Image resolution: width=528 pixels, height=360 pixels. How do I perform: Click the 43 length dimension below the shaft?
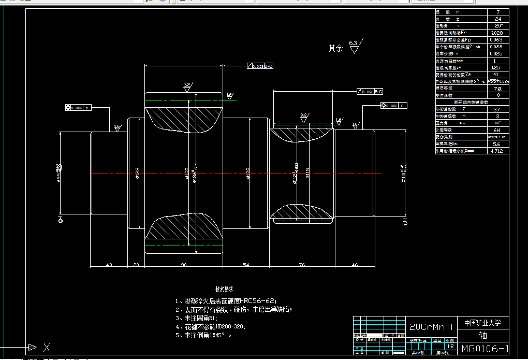109,265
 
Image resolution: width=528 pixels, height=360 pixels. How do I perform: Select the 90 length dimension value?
183,265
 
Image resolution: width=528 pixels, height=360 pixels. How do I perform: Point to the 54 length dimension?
246,265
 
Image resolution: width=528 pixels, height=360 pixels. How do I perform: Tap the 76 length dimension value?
302,265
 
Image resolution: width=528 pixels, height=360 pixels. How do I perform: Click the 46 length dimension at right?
355,265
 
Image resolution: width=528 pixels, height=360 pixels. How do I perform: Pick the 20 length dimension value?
136,265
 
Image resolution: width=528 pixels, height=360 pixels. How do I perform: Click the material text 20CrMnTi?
431,327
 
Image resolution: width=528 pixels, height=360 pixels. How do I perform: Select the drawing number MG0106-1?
485,349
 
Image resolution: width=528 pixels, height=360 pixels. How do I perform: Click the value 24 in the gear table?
498,19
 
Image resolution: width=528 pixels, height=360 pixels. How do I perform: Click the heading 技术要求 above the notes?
224,289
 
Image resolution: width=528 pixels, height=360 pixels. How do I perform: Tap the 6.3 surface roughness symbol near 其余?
355,46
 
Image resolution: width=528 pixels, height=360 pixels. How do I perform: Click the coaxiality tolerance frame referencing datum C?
394,106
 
